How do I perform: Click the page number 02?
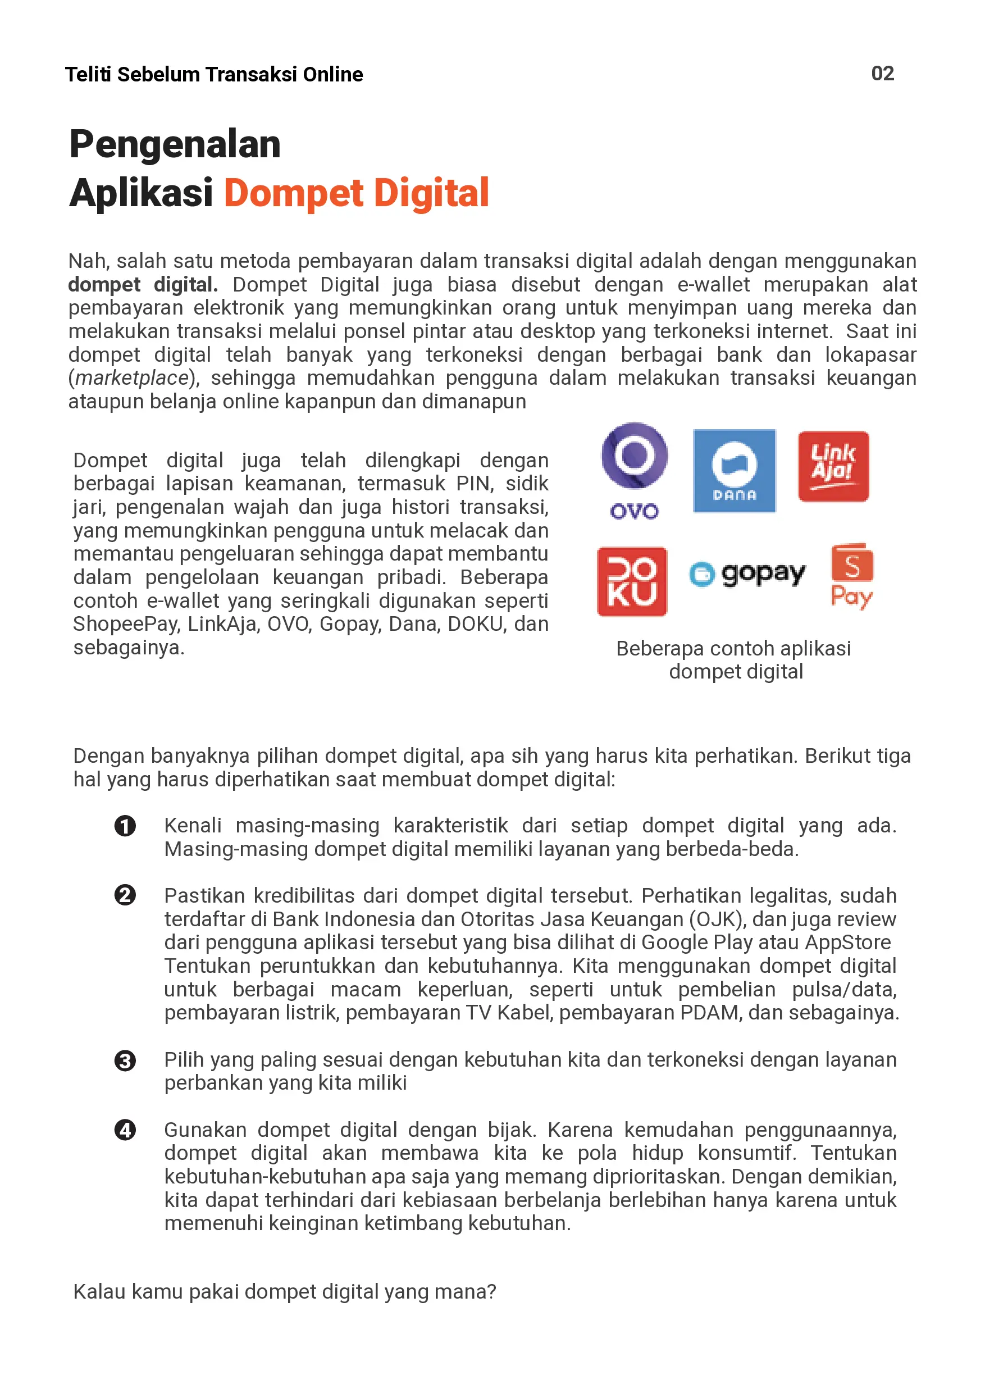[x=882, y=74]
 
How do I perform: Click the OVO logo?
[x=635, y=470]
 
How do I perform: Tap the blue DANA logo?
[x=734, y=470]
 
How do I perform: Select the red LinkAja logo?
[x=833, y=466]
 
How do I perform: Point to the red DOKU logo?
[x=632, y=581]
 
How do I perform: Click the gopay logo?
[x=747, y=573]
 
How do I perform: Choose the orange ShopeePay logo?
[x=851, y=576]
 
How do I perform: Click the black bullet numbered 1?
[x=125, y=826]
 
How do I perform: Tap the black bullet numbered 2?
[x=125, y=895]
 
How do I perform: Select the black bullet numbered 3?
[x=125, y=1060]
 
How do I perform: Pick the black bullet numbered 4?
[x=125, y=1130]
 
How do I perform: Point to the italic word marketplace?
[x=131, y=378]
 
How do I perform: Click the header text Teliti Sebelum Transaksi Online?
[x=213, y=74]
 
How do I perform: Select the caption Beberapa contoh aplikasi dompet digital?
[x=734, y=659]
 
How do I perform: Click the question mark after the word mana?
[x=491, y=1292]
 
